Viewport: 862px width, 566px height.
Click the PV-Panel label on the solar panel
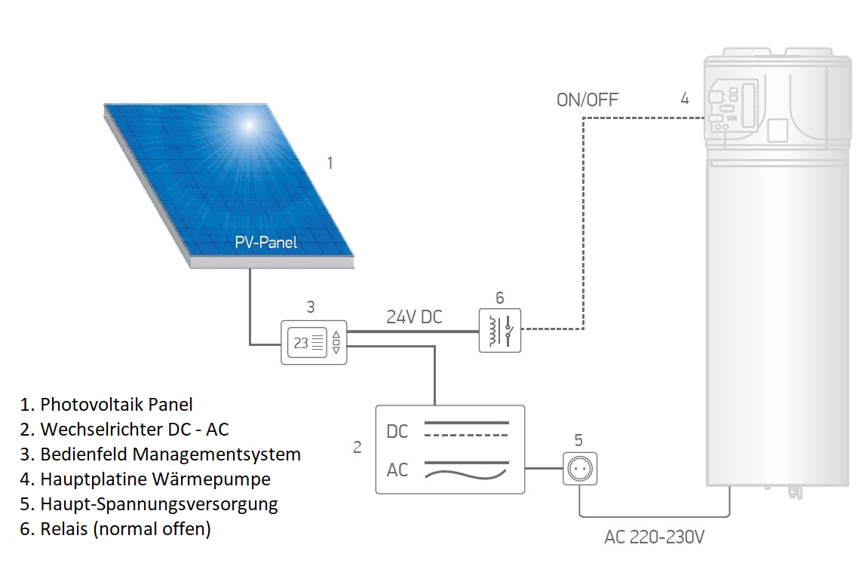click(265, 243)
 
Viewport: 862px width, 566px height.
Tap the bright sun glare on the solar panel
click(248, 125)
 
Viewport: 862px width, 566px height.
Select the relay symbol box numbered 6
click(500, 330)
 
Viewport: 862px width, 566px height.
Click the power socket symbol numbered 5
click(580, 469)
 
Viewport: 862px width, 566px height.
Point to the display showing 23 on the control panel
click(307, 343)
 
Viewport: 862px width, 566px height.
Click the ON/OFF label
click(587, 99)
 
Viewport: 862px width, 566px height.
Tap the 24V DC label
click(415, 317)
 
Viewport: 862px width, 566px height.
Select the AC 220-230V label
click(654, 537)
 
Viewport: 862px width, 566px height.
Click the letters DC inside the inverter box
click(397, 431)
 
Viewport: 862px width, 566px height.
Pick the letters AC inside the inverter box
click(397, 470)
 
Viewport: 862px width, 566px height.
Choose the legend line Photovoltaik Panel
click(106, 405)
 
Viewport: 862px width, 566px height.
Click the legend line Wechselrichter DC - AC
click(124, 429)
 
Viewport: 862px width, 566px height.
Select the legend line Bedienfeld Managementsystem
click(160, 454)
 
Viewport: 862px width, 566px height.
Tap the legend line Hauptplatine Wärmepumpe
click(145, 479)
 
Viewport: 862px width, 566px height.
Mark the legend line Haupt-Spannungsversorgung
click(149, 504)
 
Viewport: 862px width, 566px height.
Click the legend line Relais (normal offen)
click(115, 528)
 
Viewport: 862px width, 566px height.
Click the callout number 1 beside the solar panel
click(330, 164)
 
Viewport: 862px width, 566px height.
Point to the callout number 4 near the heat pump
click(685, 99)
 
